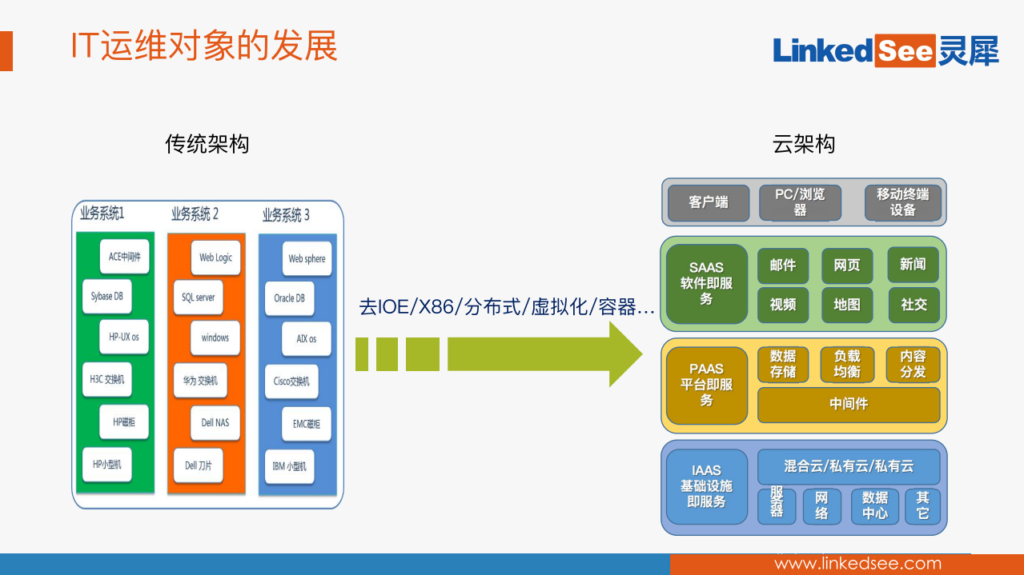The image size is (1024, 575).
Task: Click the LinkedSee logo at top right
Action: (x=885, y=51)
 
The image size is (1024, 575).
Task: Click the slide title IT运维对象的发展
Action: (x=203, y=46)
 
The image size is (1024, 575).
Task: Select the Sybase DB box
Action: (x=106, y=296)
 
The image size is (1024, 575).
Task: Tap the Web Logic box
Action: (x=215, y=258)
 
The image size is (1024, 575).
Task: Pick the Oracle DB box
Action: (x=289, y=298)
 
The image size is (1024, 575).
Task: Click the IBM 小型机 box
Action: (x=289, y=465)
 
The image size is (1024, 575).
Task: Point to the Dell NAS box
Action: (x=215, y=422)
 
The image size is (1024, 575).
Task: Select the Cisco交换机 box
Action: (x=291, y=381)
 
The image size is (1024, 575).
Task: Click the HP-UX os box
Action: (x=124, y=337)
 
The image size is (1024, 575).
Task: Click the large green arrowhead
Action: (x=625, y=354)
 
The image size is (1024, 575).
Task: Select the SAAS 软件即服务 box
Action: (x=706, y=284)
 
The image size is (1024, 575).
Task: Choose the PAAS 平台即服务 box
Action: (x=706, y=385)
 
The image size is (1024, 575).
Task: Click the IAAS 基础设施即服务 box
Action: (x=706, y=486)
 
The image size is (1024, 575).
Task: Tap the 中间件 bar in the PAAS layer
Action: (x=849, y=405)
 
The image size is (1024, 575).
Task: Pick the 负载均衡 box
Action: (x=847, y=365)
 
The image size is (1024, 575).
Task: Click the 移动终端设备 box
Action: (x=902, y=202)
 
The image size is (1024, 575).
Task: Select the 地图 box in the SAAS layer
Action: (x=847, y=305)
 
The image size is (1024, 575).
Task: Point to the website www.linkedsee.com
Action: (x=858, y=564)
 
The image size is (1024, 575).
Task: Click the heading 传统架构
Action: (x=207, y=144)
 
